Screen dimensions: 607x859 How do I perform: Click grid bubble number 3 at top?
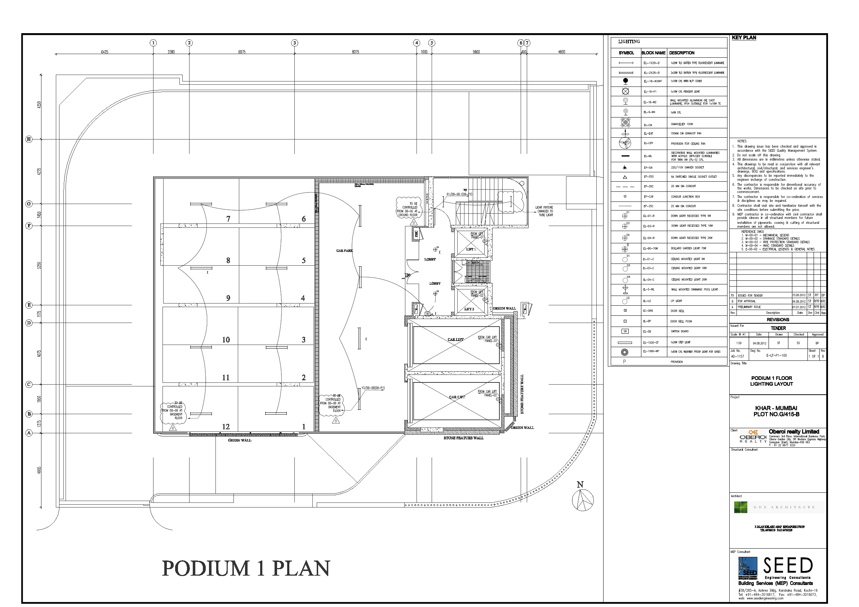pyautogui.click(x=294, y=43)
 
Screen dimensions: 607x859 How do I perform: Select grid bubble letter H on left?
pyautogui.click(x=29, y=139)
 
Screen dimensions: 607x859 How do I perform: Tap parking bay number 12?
pyautogui.click(x=226, y=427)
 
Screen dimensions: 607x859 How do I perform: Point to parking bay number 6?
pyautogui.click(x=303, y=219)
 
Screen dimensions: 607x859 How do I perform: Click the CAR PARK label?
pyautogui.click(x=344, y=251)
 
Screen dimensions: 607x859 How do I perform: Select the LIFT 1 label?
pyautogui.click(x=471, y=249)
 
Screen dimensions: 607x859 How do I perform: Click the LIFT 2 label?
pyautogui.click(x=469, y=309)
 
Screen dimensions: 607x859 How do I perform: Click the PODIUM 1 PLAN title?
pyautogui.click(x=246, y=568)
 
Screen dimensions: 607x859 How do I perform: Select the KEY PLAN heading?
pyautogui.click(x=744, y=38)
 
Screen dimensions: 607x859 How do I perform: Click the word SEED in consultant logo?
pyautogui.click(x=788, y=566)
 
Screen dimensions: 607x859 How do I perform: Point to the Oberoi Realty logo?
pyautogui.click(x=753, y=437)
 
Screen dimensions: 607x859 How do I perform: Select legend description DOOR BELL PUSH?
pyautogui.click(x=681, y=321)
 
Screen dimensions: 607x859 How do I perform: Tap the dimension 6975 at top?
pyautogui.click(x=242, y=52)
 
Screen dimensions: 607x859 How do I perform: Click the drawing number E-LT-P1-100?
pyautogui.click(x=776, y=355)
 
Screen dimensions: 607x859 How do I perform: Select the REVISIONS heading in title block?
pyautogui.click(x=778, y=320)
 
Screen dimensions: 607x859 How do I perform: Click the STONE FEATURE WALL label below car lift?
pyautogui.click(x=463, y=438)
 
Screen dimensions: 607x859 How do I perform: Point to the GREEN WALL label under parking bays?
pyautogui.click(x=240, y=440)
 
